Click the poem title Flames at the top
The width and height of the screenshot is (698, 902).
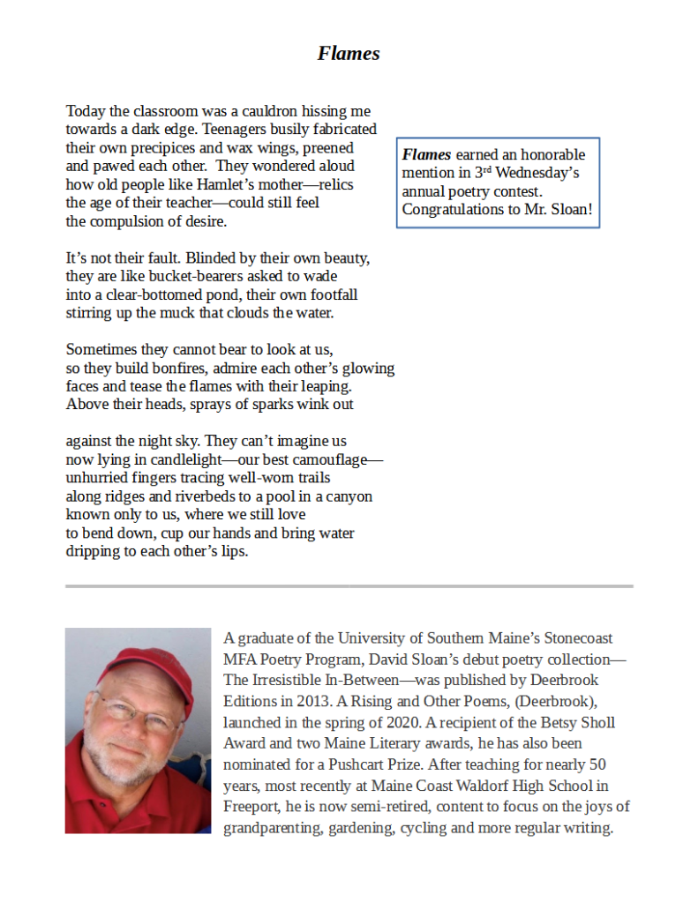[x=349, y=53]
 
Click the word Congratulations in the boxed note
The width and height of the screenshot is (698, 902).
[x=458, y=209]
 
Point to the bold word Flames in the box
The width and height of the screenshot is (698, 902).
[x=427, y=155]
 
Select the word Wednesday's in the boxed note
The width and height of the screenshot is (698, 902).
[x=538, y=173]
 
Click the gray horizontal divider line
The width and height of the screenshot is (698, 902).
[x=349, y=585]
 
